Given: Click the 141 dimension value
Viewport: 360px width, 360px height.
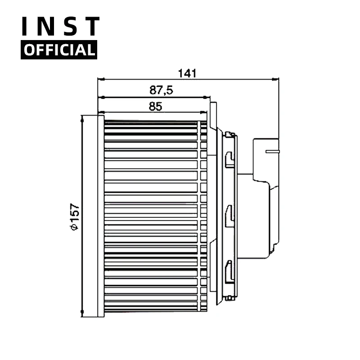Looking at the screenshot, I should (x=188, y=73).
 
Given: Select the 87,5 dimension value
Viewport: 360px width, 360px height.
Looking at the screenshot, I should (x=161, y=90).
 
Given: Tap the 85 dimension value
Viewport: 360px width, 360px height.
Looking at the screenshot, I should (x=155, y=107).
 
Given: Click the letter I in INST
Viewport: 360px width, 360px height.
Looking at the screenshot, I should (x=27, y=27).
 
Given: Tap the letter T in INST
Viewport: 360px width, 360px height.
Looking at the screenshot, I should (x=91, y=27).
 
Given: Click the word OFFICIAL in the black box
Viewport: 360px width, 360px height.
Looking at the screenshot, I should (x=59, y=49).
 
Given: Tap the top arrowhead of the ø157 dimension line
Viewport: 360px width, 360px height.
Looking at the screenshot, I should (x=82, y=117).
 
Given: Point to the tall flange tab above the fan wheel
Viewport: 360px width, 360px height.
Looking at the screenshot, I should (x=214, y=115).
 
